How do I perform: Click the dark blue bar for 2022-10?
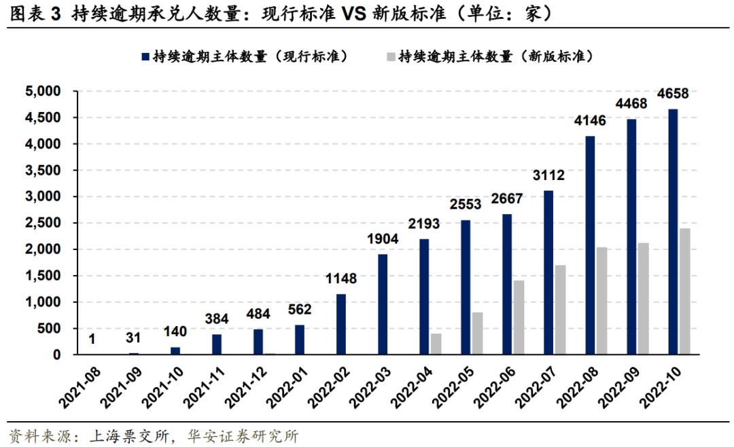pyautogui.click(x=673, y=232)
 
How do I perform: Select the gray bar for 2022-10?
pyautogui.click(x=685, y=291)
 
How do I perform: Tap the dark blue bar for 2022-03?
pyautogui.click(x=382, y=304)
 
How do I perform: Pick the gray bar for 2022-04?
pyautogui.click(x=436, y=344)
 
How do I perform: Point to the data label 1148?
pyautogui.click(x=340, y=279)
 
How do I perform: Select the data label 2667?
pyautogui.click(x=507, y=201)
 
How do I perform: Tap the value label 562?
pyautogui.click(x=299, y=310)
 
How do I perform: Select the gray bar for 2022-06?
pyautogui.click(x=519, y=317)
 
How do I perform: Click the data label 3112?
pyautogui.click(x=548, y=177)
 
